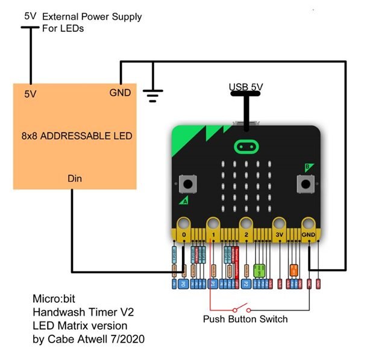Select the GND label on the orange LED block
pyautogui.click(x=119, y=93)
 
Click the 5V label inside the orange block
pyautogui.click(x=31, y=94)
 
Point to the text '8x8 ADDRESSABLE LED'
pyautogui.click(x=72, y=136)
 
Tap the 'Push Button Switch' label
pyautogui.click(x=245, y=319)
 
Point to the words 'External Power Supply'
pyautogui.click(x=92, y=16)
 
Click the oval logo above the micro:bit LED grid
pyautogui.click(x=246, y=146)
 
